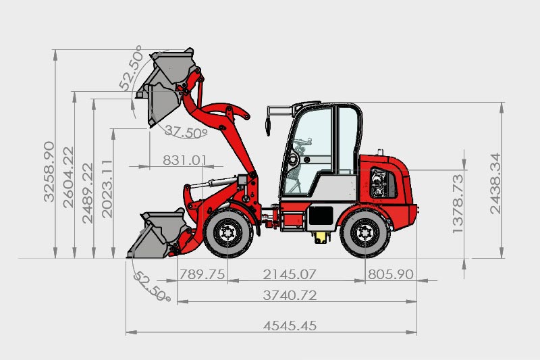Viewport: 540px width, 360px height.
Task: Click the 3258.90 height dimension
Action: pos(49,171)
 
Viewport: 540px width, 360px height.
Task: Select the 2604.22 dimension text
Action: pos(68,178)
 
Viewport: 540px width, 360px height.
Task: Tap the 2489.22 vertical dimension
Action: pos(88,193)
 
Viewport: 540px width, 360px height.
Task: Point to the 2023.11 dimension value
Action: pos(107,189)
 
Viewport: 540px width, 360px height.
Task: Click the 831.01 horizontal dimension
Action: pos(185,160)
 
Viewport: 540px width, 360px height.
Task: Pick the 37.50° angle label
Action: pos(186,132)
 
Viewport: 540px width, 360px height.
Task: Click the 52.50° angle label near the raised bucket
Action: pos(131,68)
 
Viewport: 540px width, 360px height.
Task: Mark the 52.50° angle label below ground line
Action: pos(152,286)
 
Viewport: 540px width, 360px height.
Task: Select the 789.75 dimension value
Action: pos(202,274)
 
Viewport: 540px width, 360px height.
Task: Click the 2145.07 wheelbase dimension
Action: pos(290,274)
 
